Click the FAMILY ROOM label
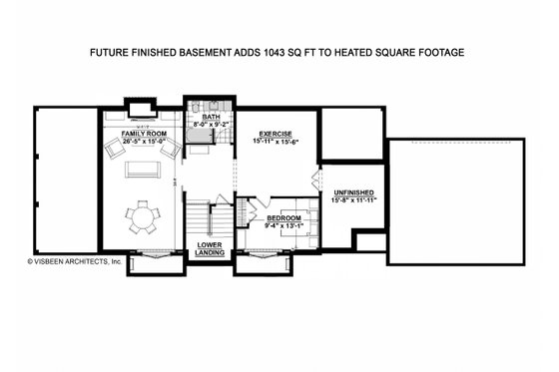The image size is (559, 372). tap(144, 133)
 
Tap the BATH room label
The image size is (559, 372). tap(211, 117)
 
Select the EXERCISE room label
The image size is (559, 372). tap(275, 133)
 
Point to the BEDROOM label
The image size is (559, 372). tap(284, 216)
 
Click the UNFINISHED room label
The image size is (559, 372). tap(353, 191)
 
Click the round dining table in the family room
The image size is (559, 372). tap(145, 216)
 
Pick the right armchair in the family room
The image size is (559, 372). tap(171, 149)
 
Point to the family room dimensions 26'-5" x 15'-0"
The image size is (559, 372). tap(144, 141)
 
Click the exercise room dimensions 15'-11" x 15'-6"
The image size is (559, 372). tap(275, 141)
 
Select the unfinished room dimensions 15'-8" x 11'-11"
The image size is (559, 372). tap(353, 199)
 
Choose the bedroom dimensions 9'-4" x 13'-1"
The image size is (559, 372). tap(284, 224)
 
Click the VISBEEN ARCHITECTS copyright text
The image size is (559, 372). tap(74, 261)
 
